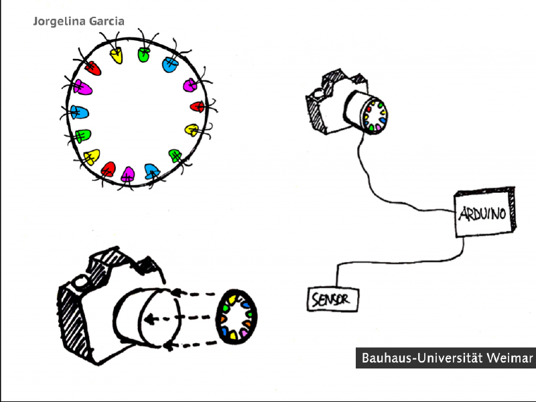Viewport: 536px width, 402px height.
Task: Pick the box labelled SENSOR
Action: [x=332, y=299]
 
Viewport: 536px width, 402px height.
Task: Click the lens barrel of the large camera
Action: [x=144, y=318]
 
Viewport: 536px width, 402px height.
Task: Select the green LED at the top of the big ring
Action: [x=143, y=55]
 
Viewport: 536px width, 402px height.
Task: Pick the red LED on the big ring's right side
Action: [x=197, y=106]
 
